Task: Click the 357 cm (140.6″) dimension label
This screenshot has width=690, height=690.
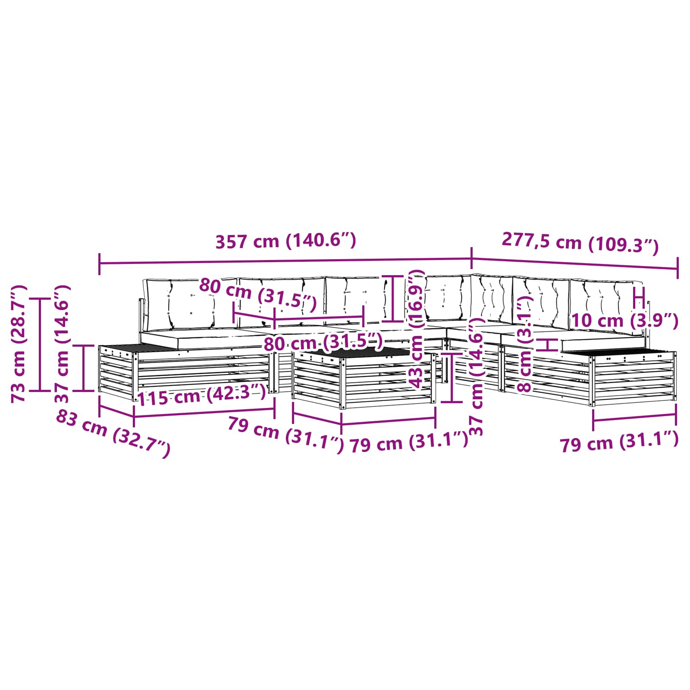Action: [x=285, y=241]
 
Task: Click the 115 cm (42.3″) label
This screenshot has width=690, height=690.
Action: [x=201, y=395]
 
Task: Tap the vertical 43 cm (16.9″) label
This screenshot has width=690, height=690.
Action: [x=416, y=329]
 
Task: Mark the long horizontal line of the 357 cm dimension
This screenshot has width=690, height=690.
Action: [x=285, y=260]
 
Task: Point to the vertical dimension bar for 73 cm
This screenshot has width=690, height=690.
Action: [x=40, y=344]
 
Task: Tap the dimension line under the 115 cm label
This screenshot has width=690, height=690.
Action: [x=204, y=413]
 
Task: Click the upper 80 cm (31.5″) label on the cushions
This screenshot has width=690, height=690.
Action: [x=258, y=295]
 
